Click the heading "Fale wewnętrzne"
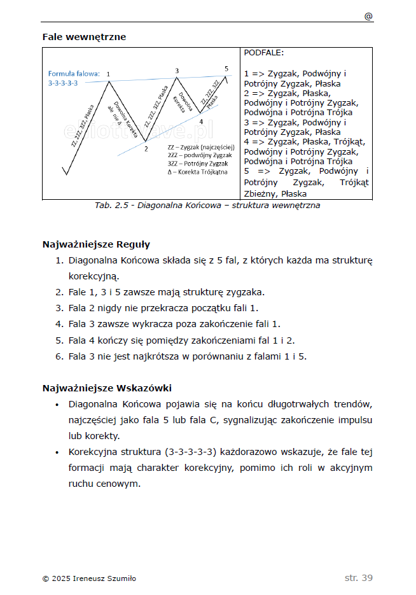point(84,37)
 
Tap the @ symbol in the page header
point(368,17)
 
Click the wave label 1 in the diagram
point(109,74)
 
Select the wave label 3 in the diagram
point(177,71)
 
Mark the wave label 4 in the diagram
point(200,121)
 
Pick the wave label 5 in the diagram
point(226,68)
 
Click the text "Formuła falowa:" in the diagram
point(74,73)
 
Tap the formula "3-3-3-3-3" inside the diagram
point(63,83)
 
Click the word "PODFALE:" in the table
point(264,53)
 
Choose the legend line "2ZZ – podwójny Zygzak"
point(199,155)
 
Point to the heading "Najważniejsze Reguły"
point(96,244)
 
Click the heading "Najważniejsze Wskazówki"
point(107,388)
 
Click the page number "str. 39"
point(358,578)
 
